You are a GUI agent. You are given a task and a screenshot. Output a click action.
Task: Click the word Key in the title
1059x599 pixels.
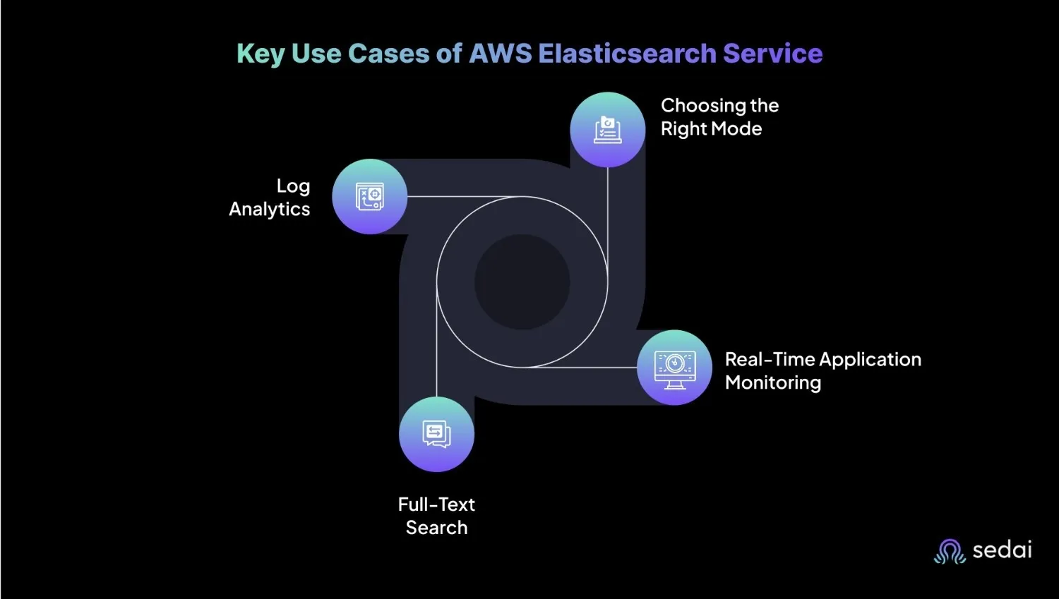(260, 54)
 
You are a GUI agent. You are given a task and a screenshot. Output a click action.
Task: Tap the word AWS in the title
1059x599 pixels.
(500, 53)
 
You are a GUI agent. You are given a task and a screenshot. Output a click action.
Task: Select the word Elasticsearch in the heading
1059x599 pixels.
(628, 53)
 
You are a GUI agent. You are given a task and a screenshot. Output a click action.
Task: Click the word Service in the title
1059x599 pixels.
(773, 53)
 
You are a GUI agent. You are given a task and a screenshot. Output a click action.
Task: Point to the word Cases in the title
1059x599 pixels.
(388, 53)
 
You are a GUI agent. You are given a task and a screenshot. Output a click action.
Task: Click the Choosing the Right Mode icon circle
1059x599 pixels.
(607, 129)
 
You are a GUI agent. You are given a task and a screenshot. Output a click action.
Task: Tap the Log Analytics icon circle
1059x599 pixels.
(370, 197)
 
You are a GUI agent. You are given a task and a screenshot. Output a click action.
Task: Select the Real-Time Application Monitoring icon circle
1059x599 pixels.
(675, 368)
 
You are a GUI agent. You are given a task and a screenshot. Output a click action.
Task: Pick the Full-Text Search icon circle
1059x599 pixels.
(436, 434)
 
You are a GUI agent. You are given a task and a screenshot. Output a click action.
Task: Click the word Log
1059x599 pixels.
(293, 186)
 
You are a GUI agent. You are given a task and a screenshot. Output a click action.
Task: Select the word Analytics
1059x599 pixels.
(270, 209)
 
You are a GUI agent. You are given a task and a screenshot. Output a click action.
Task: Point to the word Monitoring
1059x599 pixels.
(773, 382)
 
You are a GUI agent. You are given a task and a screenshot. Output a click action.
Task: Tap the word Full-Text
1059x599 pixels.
(436, 504)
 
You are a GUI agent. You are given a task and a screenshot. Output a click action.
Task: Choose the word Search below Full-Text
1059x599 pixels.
(436, 528)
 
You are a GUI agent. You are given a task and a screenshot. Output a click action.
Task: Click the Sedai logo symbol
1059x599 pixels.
(950, 551)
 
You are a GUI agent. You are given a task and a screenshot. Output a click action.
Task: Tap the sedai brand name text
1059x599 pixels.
(1003, 550)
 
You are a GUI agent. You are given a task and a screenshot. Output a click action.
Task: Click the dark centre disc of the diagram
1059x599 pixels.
(522, 282)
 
